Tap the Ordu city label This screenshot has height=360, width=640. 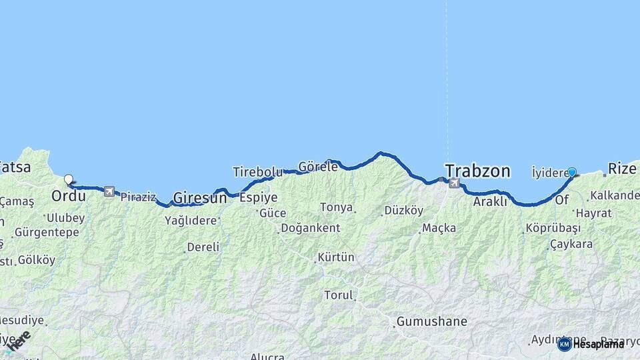point(68,197)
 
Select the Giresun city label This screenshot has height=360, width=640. point(199,197)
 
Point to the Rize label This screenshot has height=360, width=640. point(621,169)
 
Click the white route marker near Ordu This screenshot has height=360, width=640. point(68,179)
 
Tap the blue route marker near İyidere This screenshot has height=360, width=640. point(571,172)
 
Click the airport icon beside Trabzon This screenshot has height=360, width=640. point(454,183)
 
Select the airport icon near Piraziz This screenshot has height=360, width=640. point(109,191)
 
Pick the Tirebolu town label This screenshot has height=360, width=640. point(257,172)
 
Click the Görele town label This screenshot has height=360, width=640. point(318,167)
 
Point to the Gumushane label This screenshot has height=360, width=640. point(431,321)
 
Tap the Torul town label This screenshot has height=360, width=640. point(339,295)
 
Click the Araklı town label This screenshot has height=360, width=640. point(490,201)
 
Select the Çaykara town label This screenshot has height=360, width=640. point(571,244)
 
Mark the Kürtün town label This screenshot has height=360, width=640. point(336,257)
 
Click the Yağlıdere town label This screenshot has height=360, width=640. point(191,220)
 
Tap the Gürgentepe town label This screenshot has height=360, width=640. point(47,233)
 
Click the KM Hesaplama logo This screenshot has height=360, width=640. point(591,344)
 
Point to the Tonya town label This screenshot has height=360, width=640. point(336,207)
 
